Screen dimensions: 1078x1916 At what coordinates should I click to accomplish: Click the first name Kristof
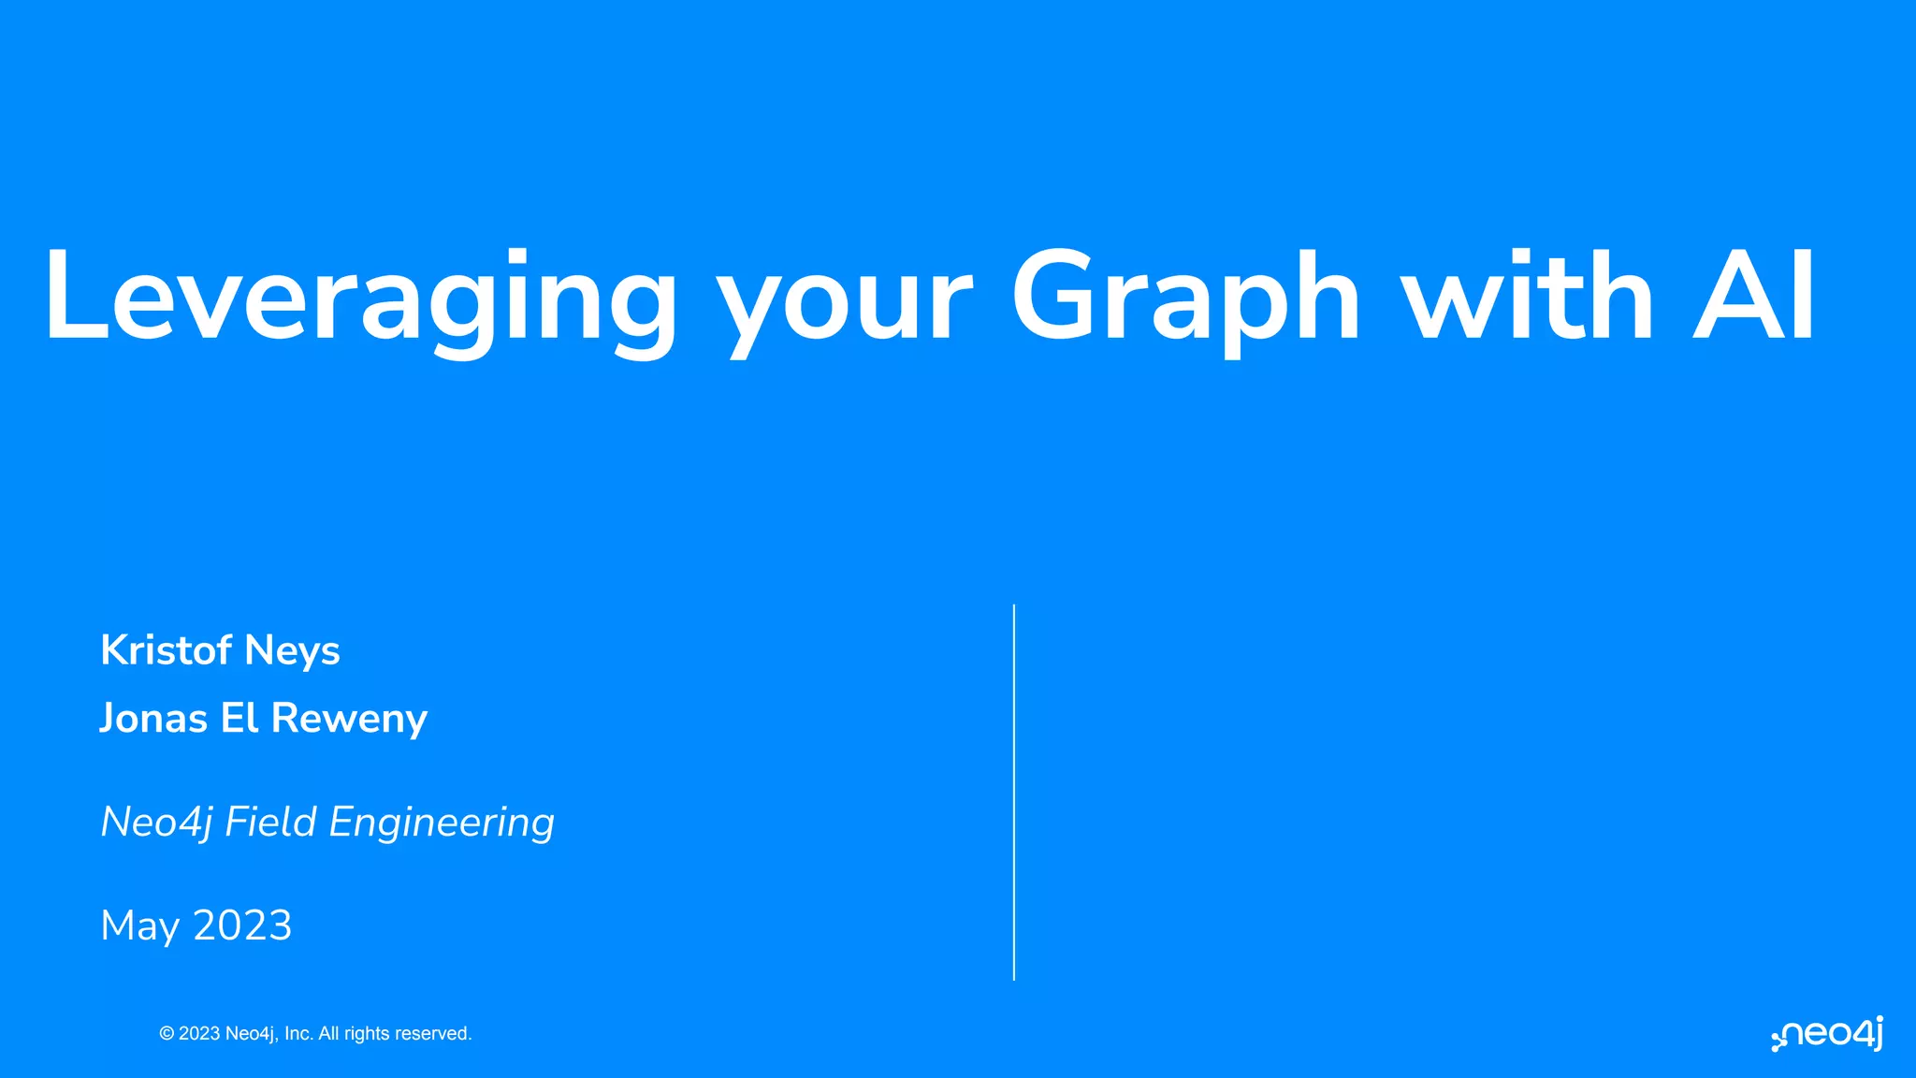[x=166, y=650]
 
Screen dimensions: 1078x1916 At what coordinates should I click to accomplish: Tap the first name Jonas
[x=153, y=719]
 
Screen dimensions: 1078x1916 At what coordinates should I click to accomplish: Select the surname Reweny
[x=349, y=720]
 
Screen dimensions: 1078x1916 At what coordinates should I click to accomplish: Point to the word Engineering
[x=442, y=823]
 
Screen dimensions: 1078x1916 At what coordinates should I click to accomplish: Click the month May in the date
[x=139, y=926]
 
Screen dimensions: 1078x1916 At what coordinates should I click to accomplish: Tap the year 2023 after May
[x=242, y=925]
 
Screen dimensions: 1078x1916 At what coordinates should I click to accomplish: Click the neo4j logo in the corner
[x=1827, y=1034]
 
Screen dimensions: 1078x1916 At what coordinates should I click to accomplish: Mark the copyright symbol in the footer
[x=167, y=1034]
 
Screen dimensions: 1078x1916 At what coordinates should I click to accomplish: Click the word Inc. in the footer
[x=298, y=1034]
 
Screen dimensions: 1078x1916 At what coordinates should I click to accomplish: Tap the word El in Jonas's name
[x=239, y=719]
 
